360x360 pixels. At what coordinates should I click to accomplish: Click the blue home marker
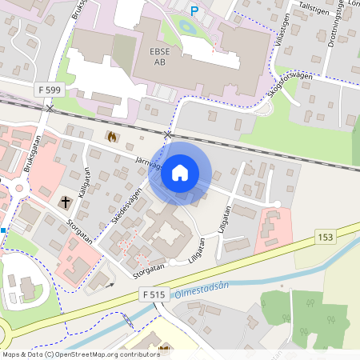click(x=180, y=173)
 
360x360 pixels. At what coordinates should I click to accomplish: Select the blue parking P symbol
click(x=194, y=10)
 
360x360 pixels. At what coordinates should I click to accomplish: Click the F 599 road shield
click(x=50, y=91)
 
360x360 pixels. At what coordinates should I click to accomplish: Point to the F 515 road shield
click(x=155, y=295)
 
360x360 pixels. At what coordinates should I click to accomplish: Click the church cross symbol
click(x=65, y=202)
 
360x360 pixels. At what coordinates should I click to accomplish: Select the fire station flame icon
click(x=110, y=137)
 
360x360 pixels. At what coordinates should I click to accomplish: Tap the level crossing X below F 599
click(x=50, y=107)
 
